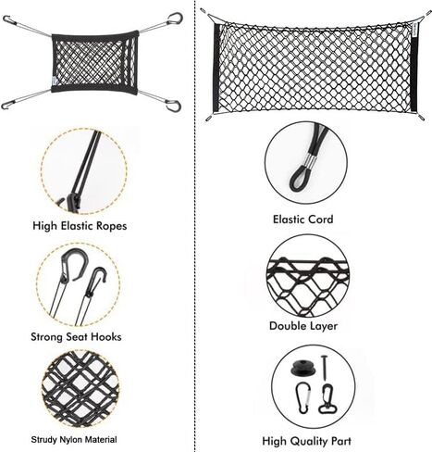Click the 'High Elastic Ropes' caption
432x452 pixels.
tap(80, 226)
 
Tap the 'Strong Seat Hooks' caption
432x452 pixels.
tap(76, 336)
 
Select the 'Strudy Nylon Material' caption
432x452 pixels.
tap(74, 439)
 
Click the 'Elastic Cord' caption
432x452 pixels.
tap(303, 220)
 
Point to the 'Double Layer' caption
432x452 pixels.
tap(303, 326)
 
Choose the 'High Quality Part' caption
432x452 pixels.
tap(307, 441)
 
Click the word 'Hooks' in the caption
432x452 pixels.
tap(106, 336)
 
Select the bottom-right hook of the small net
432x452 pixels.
tap(173, 105)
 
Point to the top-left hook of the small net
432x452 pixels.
tap(7, 19)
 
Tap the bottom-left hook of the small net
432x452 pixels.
tap(6, 105)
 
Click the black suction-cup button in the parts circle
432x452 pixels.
tap(302, 368)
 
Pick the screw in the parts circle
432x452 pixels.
tap(324, 368)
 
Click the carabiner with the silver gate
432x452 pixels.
tap(302, 397)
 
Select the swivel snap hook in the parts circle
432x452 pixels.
tap(327, 399)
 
